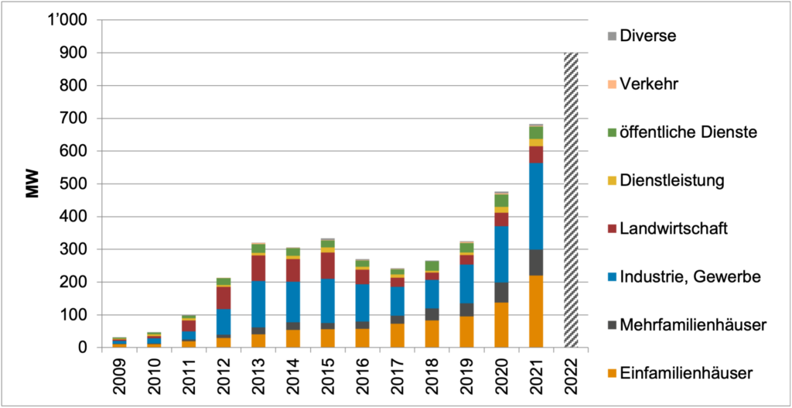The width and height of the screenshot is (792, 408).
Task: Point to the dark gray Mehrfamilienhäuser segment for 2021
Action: coord(536,262)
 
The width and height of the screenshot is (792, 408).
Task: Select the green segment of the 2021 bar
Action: coord(536,132)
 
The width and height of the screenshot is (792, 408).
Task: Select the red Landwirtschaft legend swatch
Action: coord(612,229)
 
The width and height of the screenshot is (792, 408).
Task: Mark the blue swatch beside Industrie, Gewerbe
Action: coord(612,277)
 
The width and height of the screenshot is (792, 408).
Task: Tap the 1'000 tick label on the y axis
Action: coord(67,20)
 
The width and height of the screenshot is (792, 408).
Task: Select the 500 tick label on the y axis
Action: coord(73,183)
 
